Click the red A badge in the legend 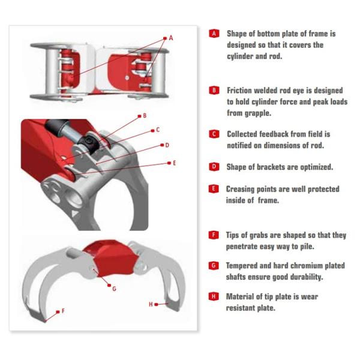(x=214, y=34)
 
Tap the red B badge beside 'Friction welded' (x=214, y=90)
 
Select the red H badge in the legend (x=214, y=296)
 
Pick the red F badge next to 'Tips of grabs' (x=214, y=235)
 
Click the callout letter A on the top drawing (x=171, y=38)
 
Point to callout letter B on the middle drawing (x=145, y=116)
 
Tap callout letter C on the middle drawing (x=158, y=130)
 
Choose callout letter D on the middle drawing (x=167, y=145)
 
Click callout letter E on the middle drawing (x=174, y=163)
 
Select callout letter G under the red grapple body (x=114, y=289)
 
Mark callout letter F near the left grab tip (x=63, y=311)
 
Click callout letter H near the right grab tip (x=151, y=304)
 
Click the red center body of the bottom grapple (x=110, y=257)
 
